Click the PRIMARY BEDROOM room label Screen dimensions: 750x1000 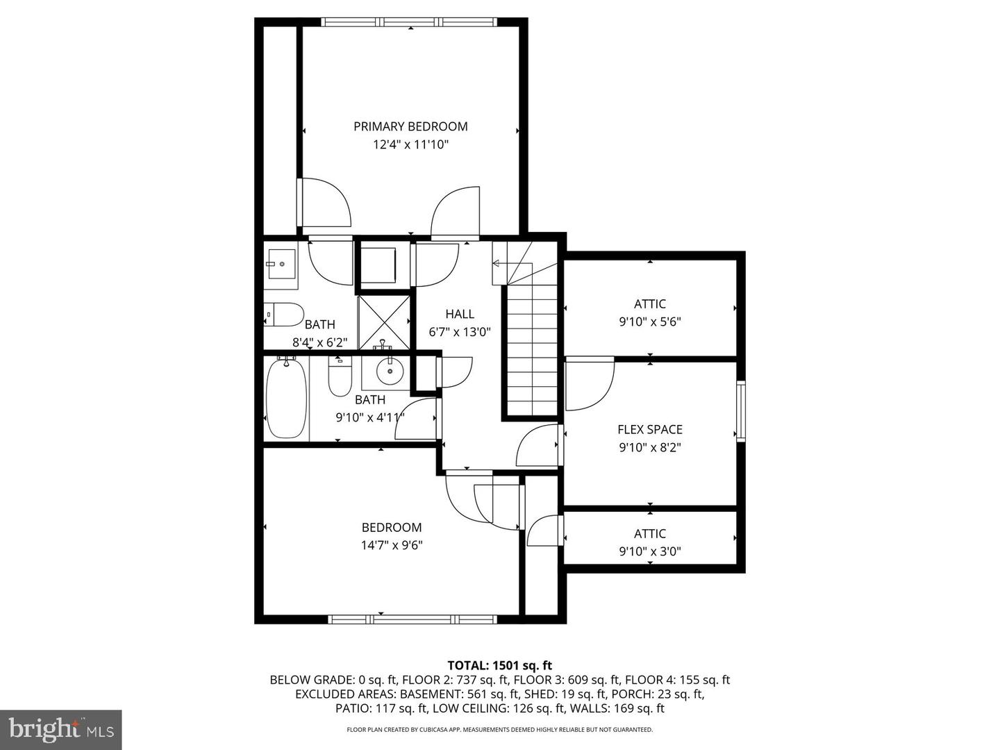tap(410, 126)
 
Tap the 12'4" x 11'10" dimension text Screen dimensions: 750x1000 tap(410, 144)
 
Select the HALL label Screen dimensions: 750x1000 tap(460, 314)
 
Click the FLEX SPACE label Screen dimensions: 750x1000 tap(650, 429)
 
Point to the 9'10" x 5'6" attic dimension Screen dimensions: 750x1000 tap(650, 322)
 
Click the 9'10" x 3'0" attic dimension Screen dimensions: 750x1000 tap(650, 551)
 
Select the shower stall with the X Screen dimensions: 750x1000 tap(383, 322)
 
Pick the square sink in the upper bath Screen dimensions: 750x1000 tap(281, 264)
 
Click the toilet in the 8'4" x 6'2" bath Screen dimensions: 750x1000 tap(285, 315)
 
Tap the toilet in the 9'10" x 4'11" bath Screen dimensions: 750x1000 tap(340, 378)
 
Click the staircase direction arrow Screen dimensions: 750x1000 tap(497, 263)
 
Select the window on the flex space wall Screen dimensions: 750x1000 tap(741, 411)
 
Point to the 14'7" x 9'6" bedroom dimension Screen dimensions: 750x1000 tap(392, 545)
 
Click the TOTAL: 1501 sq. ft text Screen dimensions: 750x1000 tap(499, 665)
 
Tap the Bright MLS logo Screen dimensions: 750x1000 tap(61, 729)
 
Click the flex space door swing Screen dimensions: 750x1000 tap(589, 384)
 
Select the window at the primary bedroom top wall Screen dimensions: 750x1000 tap(410, 22)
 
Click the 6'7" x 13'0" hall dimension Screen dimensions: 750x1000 tap(460, 332)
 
